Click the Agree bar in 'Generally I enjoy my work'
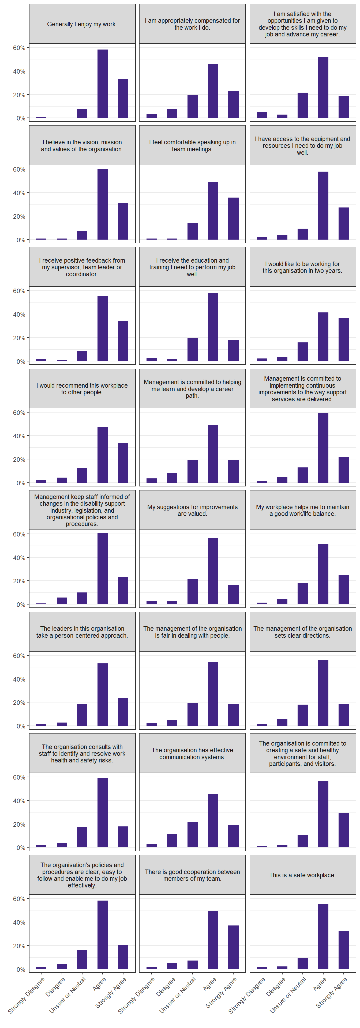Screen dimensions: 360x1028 [x=103, y=84]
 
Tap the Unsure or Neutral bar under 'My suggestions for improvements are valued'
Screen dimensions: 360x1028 [x=192, y=591]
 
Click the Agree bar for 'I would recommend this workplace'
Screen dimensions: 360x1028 [x=103, y=455]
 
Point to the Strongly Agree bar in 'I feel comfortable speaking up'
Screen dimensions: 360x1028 [x=233, y=219]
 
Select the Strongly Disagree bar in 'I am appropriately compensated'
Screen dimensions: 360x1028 [x=152, y=116]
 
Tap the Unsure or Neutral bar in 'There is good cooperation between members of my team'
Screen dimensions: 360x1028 [x=192, y=965]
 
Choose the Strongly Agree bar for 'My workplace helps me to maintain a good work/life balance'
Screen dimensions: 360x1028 [x=343, y=589]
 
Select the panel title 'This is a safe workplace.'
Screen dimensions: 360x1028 [x=302, y=875]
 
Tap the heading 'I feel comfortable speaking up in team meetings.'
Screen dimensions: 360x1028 [x=192, y=146]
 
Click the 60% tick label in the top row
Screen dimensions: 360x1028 [x=19, y=48]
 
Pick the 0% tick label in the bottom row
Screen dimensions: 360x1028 [x=21, y=969]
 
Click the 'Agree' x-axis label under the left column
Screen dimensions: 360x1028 [x=99, y=984]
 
